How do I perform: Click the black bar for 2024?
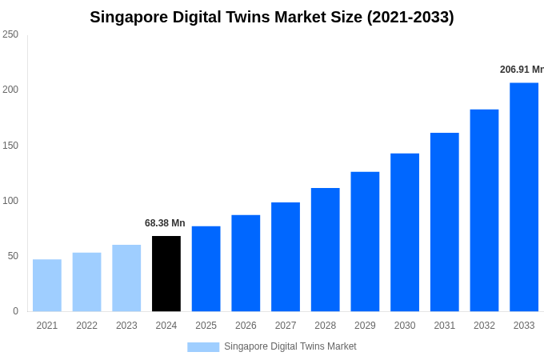(x=166, y=274)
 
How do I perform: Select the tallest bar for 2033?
(x=524, y=197)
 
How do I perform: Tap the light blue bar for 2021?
(x=47, y=285)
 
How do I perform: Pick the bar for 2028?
(x=326, y=250)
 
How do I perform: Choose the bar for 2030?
(x=405, y=232)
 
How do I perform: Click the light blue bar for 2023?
(x=126, y=278)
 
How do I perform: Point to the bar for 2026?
(x=246, y=263)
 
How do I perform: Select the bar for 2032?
(x=484, y=210)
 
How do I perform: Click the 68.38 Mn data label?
(x=165, y=223)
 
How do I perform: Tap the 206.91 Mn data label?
(x=522, y=70)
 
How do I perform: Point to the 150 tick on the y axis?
(x=10, y=145)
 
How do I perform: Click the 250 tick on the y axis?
(x=10, y=34)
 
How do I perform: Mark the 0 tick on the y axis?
(x=15, y=311)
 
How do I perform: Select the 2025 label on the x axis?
(x=206, y=326)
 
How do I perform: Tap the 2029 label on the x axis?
(x=365, y=326)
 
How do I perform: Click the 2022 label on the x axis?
(x=86, y=326)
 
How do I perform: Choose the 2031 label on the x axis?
(x=445, y=326)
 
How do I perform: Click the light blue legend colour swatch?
(x=203, y=346)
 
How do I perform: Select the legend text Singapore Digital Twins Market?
(x=290, y=346)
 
